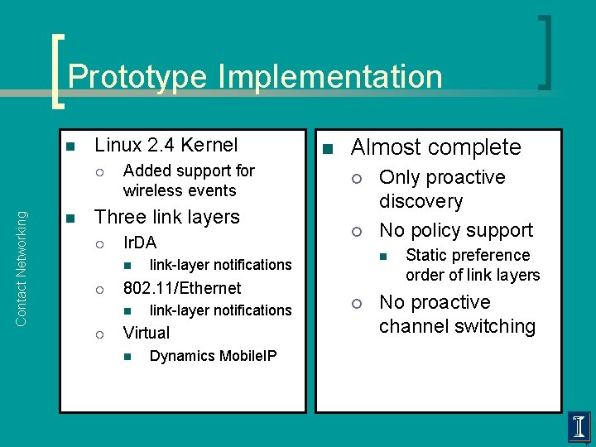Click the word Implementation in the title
[x=330, y=77]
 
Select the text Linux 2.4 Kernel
[x=166, y=146]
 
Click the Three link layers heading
[x=167, y=217]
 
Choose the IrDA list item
[x=139, y=243]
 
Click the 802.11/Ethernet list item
[x=182, y=288]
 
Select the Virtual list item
[x=146, y=333]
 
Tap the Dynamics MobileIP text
[x=213, y=356]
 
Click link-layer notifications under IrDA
[x=220, y=265]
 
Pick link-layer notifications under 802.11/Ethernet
[x=220, y=310]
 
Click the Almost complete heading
[x=436, y=147]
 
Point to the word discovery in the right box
[x=421, y=201]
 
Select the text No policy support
[x=456, y=230]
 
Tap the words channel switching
[x=457, y=326]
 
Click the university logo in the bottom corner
[x=579, y=427]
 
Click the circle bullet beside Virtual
[x=99, y=334]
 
